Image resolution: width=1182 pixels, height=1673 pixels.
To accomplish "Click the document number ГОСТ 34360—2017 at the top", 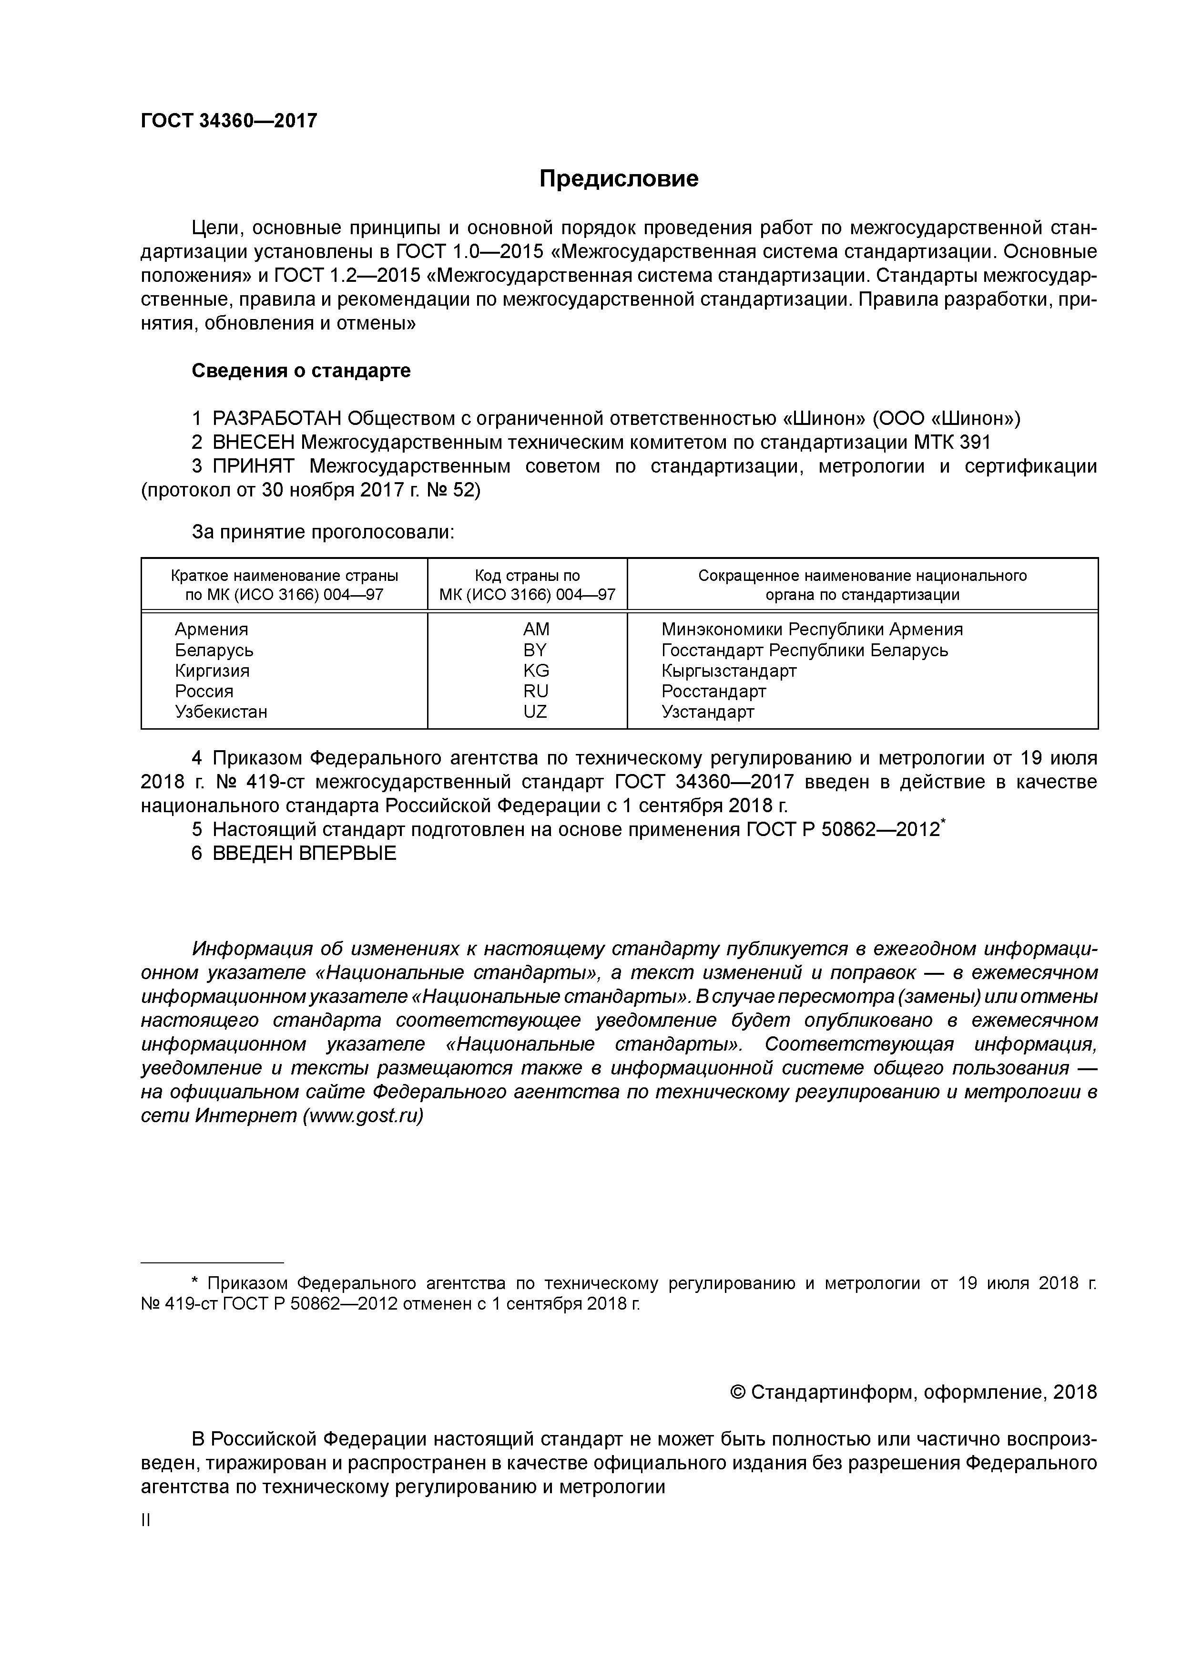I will click(229, 121).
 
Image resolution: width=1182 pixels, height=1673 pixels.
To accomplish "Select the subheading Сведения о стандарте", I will click(301, 371).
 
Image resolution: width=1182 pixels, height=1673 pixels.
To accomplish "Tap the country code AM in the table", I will click(536, 630).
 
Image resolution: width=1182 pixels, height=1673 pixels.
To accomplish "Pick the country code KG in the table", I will click(536, 671).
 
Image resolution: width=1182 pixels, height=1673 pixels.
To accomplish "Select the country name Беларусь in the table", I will click(214, 650).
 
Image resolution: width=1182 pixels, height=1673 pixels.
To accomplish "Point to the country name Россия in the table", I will click(204, 691).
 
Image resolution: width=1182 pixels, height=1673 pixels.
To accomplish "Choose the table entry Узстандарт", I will click(707, 712).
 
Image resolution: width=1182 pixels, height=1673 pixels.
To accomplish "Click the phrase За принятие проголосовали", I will click(323, 533).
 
